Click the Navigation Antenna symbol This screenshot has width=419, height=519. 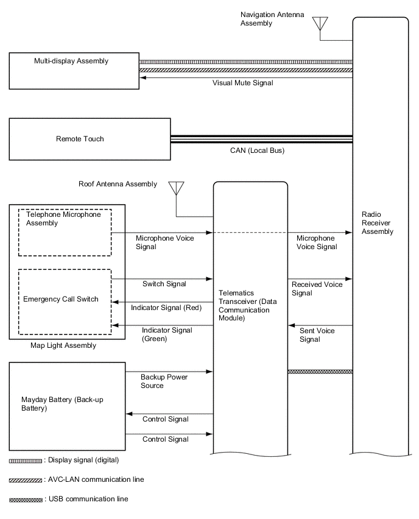point(320,24)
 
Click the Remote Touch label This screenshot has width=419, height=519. point(79,139)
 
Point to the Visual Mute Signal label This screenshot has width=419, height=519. point(242,82)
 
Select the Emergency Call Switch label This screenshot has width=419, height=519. point(60,299)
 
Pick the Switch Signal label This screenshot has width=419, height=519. point(164,284)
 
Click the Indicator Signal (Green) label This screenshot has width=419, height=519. point(158,334)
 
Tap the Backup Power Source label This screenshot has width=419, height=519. point(164,381)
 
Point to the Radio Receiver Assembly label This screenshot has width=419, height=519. point(378,223)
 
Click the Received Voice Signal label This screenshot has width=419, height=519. point(317,289)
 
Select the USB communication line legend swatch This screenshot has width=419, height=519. point(26,500)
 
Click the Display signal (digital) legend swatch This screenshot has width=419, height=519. point(26,460)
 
